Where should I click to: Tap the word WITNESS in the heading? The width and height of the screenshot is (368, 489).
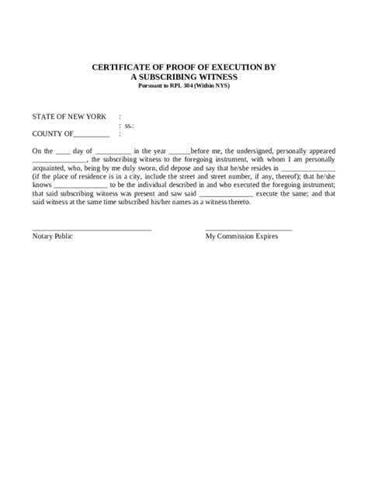(x=214, y=78)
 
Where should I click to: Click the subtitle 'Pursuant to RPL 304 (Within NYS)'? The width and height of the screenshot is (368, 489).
(x=183, y=85)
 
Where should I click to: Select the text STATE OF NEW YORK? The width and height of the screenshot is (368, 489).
(x=69, y=116)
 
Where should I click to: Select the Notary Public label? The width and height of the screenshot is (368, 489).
(x=53, y=235)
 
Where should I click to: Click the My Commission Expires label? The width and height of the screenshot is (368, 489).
(x=241, y=235)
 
